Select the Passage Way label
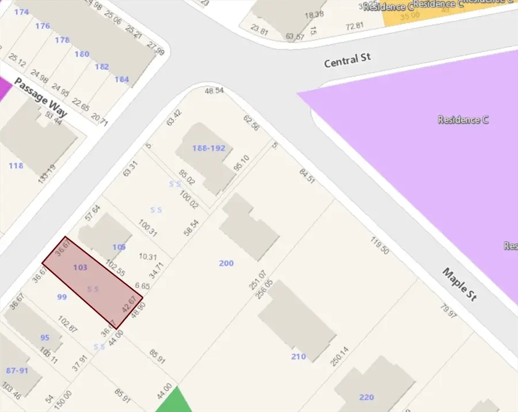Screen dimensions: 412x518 pyautogui.click(x=40, y=97)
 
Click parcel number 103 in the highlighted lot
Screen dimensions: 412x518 pyautogui.click(x=81, y=267)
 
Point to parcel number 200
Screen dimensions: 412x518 pyautogui.click(x=226, y=263)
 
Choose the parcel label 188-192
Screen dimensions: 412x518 pyautogui.click(x=209, y=148)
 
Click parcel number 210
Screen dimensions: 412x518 pyautogui.click(x=298, y=357)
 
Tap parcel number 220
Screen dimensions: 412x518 pyautogui.click(x=366, y=397)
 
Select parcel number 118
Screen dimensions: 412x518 pyautogui.click(x=16, y=166)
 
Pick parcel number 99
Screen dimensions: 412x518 pyautogui.click(x=62, y=297)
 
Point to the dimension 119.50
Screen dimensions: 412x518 pyautogui.click(x=380, y=246)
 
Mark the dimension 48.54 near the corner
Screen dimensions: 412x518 pyautogui.click(x=214, y=91)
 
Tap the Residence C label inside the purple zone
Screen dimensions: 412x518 pyautogui.click(x=463, y=120)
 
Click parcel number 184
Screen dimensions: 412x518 pyautogui.click(x=121, y=80)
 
